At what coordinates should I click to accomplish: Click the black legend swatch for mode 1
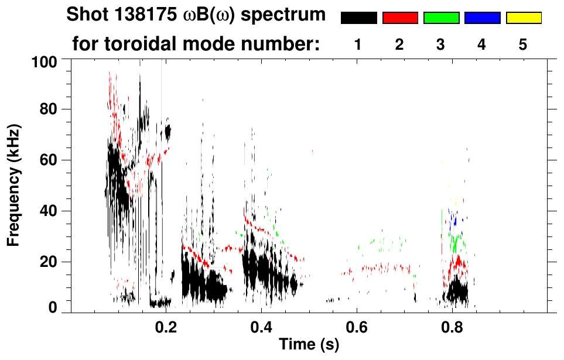[x=359, y=18]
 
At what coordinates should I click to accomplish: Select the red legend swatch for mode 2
[x=400, y=18]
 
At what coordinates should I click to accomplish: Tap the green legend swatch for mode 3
[x=441, y=18]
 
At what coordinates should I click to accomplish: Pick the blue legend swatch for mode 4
[x=482, y=18]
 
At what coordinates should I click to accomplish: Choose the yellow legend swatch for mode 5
[x=523, y=18]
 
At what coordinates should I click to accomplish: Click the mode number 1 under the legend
[x=358, y=44]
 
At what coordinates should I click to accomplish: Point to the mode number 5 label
[x=523, y=44]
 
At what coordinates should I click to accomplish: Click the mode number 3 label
[x=440, y=44]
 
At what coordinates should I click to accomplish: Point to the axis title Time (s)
[x=309, y=345]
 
